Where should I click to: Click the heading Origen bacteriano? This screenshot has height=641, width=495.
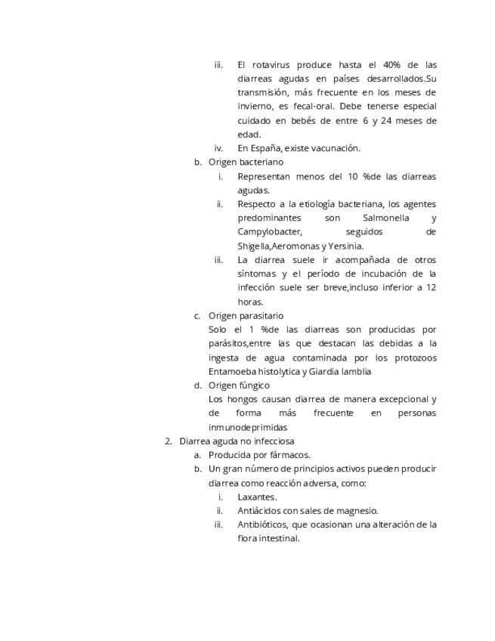[246, 162]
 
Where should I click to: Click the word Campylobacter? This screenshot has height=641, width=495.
[270, 231]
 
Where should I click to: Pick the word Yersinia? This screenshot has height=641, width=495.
[348, 246]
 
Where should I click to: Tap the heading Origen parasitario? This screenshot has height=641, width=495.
[246, 315]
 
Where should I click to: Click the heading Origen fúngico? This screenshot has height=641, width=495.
[239, 386]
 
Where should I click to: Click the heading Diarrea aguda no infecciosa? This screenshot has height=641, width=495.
[237, 441]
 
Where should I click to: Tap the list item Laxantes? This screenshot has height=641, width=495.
[257, 497]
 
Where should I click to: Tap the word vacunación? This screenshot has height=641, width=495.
[333, 148]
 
